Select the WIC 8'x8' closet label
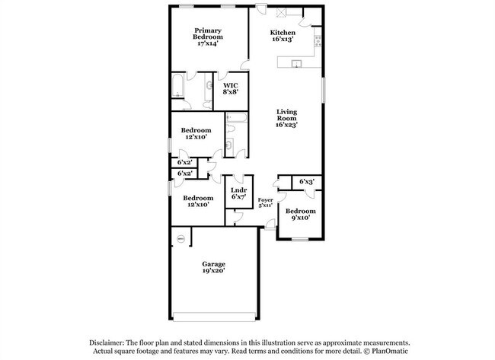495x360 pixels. (x=231, y=88)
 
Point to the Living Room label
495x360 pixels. (x=286, y=117)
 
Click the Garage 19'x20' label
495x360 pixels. (x=213, y=267)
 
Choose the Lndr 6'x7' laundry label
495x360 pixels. (x=238, y=193)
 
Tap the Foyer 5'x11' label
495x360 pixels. (x=265, y=202)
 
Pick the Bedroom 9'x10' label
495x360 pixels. (x=300, y=215)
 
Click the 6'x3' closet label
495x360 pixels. (x=306, y=181)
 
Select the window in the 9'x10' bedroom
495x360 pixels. (x=300, y=240)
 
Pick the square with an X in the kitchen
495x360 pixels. (x=279, y=13)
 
